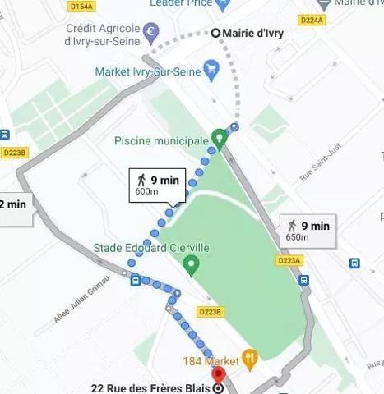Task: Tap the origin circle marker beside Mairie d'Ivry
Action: point(216,34)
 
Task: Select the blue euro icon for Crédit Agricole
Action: point(150,34)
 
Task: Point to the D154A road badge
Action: point(81,7)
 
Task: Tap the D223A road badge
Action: point(289,260)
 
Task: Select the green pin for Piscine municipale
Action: point(219,137)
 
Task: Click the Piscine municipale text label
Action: point(162,141)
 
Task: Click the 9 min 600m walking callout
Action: point(156,185)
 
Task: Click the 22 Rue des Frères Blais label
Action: point(149,388)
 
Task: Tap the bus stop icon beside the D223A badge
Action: point(303,279)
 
